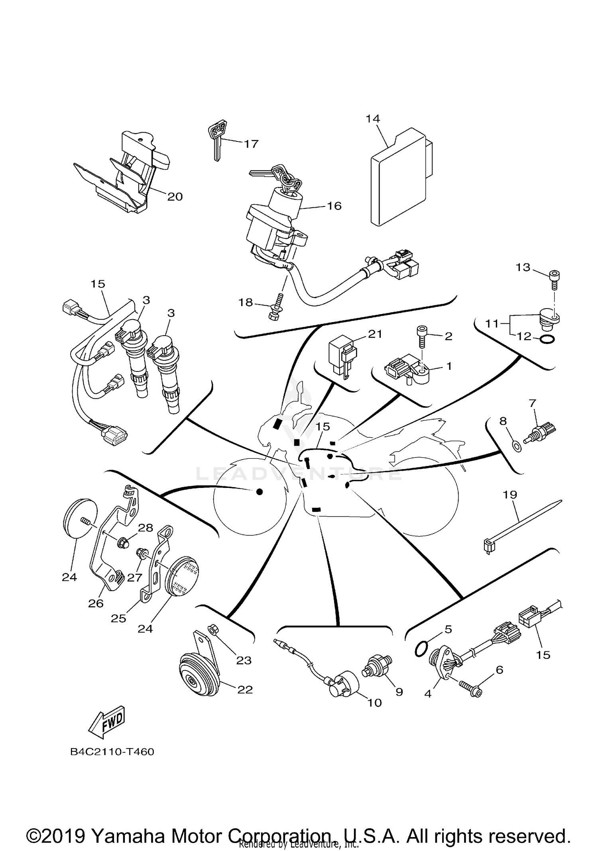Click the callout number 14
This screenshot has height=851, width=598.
373,118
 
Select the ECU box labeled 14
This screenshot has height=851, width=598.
399,179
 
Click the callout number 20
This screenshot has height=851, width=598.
175,197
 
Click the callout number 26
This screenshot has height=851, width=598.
96,603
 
